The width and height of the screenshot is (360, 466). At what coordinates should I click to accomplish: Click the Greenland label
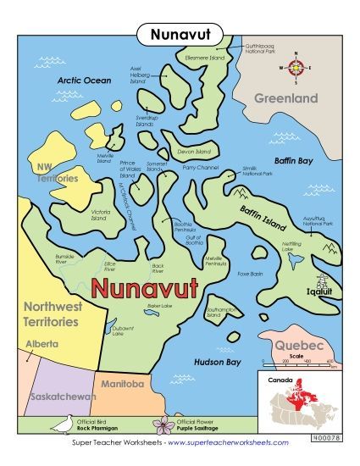pyautogui.click(x=286, y=98)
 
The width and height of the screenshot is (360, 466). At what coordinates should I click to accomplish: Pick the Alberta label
pyautogui.click(x=42, y=344)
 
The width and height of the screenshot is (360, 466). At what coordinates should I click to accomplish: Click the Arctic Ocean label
pyautogui.click(x=84, y=80)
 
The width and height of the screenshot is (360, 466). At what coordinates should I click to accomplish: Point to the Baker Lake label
pyautogui.click(x=136, y=305)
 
